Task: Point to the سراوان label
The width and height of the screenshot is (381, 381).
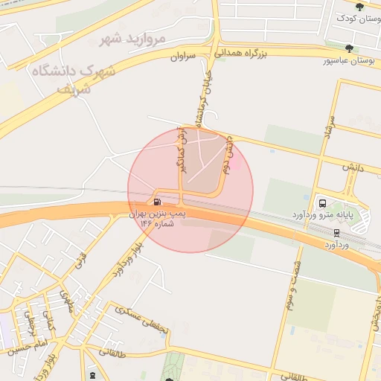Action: [x=183, y=55]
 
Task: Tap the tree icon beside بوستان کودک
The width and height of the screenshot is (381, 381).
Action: [x=360, y=7]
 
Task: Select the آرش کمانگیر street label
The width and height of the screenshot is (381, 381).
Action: [x=182, y=149]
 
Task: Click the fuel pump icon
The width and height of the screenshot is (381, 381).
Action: [x=156, y=202]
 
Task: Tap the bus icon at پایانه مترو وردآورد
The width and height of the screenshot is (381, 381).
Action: [x=322, y=202]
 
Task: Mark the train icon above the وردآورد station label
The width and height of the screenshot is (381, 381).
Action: [x=337, y=232]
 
